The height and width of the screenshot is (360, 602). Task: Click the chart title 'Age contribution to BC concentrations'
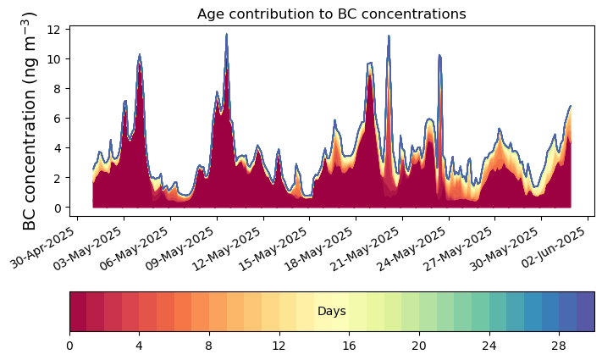click(332, 14)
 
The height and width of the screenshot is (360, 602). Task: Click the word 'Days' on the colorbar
click(332, 312)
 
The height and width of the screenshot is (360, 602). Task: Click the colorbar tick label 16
click(349, 346)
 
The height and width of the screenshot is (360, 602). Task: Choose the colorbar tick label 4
click(139, 346)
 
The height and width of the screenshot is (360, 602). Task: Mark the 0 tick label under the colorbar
click(69, 346)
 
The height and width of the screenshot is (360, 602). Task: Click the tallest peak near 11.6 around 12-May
click(227, 35)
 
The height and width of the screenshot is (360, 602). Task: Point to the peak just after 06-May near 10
click(140, 55)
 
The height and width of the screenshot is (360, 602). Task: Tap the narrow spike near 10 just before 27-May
click(439, 56)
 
